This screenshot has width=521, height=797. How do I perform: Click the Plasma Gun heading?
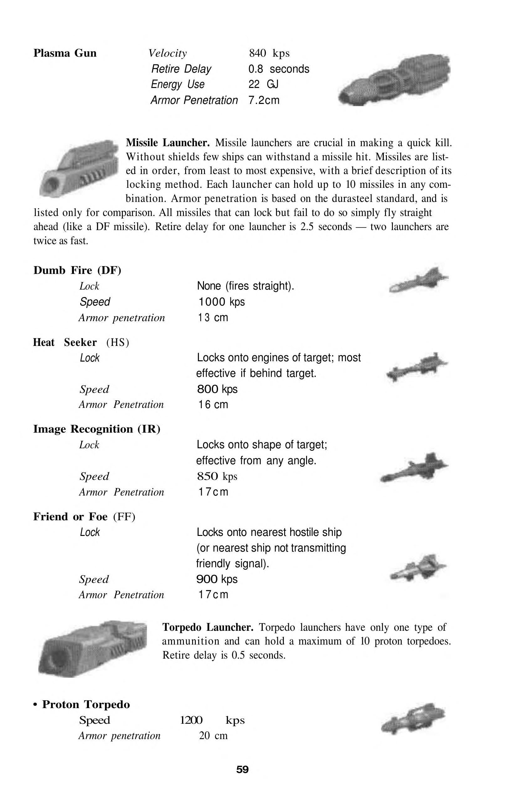[65, 53]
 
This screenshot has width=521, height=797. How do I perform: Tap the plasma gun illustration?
[394, 80]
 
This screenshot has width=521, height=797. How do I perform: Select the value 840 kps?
[269, 53]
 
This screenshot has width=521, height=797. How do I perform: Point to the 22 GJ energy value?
[263, 84]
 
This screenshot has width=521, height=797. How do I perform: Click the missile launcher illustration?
[79, 168]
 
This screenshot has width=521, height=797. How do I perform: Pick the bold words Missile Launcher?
[168, 143]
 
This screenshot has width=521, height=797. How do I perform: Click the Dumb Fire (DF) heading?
[77, 270]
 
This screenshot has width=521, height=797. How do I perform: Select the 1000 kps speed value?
[221, 302]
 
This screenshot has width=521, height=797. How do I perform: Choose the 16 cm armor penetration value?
[213, 404]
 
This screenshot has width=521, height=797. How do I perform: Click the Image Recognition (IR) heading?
[96, 429]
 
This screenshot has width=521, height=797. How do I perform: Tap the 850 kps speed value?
[217, 476]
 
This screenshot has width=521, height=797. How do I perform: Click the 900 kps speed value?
[217, 579]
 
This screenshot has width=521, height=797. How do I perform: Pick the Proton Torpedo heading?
[86, 705]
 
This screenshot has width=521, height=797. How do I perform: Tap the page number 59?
[242, 769]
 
